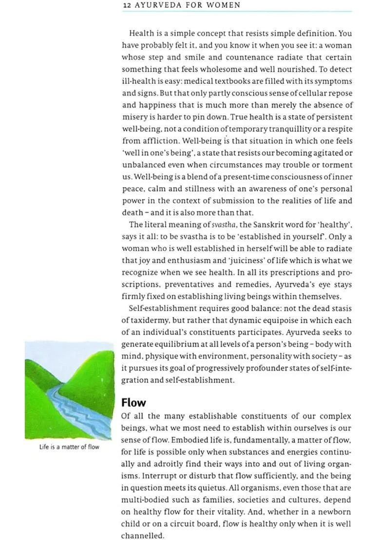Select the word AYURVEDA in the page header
pos(155,5)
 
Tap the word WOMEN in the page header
pos(223,5)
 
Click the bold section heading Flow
pos(133,403)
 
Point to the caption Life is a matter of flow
pos(69,447)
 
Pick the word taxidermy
pos(148,320)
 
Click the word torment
pos(337,165)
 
